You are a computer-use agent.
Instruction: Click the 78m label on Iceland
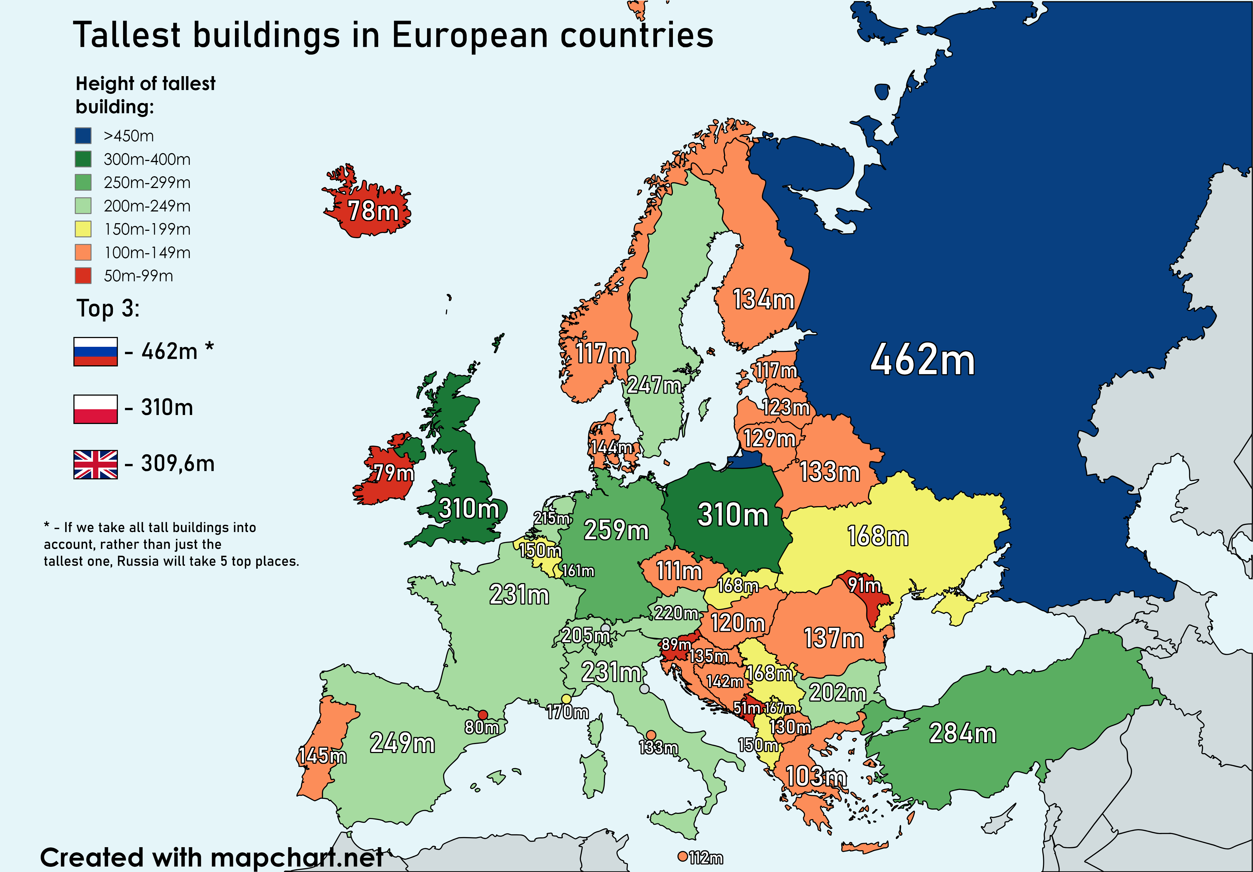[373, 211]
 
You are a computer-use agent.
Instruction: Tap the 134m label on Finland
[763, 300]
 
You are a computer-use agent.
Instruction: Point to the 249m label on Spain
[402, 743]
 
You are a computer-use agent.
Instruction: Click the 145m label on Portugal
[322, 756]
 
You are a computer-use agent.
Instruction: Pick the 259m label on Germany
[616, 530]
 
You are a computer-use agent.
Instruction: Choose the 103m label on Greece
[816, 777]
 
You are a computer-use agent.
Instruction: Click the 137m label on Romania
[833, 638]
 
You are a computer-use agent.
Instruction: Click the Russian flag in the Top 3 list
[96, 351]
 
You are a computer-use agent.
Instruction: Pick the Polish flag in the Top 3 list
[96, 409]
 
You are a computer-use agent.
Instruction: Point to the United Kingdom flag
[96, 464]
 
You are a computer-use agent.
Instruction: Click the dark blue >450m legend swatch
[83, 135]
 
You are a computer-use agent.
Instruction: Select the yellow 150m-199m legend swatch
[83, 229]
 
